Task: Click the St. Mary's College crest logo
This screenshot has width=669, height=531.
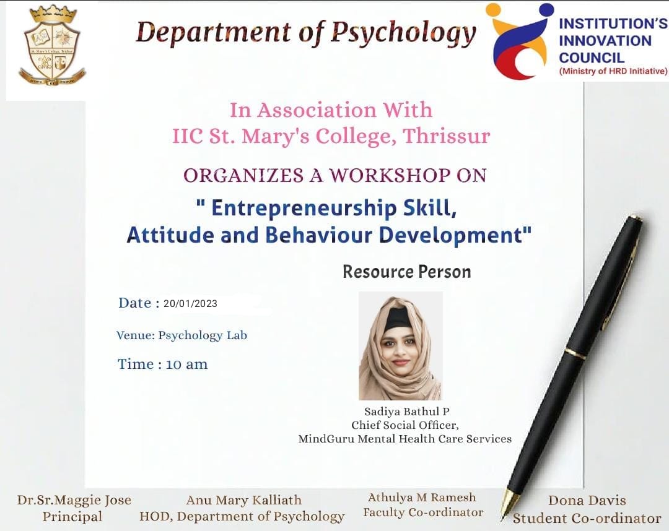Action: point(52,45)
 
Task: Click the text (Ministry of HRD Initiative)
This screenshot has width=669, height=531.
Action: point(613,71)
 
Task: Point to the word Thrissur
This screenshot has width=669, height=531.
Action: point(447,136)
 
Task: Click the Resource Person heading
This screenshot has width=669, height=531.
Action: point(406,272)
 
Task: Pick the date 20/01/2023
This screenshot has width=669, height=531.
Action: point(190,303)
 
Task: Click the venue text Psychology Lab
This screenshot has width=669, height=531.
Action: point(203,335)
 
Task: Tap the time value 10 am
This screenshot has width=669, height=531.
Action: point(186,365)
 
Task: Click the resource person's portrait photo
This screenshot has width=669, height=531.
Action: point(400,345)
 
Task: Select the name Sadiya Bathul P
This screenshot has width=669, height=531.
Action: point(406,412)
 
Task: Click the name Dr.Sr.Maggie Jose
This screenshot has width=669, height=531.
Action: point(74,500)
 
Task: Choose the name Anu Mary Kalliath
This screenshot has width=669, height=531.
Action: point(243,500)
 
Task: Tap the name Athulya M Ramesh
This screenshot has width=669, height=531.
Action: point(422,498)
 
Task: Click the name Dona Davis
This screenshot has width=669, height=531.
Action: point(587,500)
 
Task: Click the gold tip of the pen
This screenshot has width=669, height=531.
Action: point(509,505)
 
